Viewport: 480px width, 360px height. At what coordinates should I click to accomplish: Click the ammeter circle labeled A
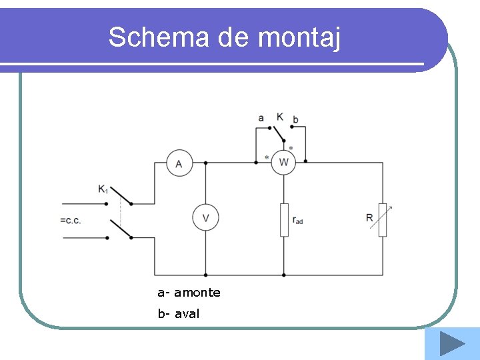179,163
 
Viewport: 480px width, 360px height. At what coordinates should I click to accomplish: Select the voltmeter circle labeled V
205,218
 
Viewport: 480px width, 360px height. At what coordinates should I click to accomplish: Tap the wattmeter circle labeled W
283,162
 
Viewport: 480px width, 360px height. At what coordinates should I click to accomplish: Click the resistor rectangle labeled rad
284,220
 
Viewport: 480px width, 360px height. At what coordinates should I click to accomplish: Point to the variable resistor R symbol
383,220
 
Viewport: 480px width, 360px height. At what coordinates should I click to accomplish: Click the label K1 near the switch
103,189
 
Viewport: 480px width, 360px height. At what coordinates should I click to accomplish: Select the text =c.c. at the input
70,221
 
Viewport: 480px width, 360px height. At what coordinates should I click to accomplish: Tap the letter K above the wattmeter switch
279,117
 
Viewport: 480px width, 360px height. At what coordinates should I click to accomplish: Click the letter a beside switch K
261,119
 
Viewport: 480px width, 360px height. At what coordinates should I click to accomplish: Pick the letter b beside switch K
295,119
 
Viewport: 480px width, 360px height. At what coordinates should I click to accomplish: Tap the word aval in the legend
187,313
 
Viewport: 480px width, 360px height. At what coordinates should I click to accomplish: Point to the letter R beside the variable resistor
369,218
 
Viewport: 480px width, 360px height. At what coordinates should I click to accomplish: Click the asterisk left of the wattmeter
267,158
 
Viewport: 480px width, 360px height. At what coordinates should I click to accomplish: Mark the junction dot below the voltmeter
205,275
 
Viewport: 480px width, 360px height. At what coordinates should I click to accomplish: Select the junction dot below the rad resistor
284,275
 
